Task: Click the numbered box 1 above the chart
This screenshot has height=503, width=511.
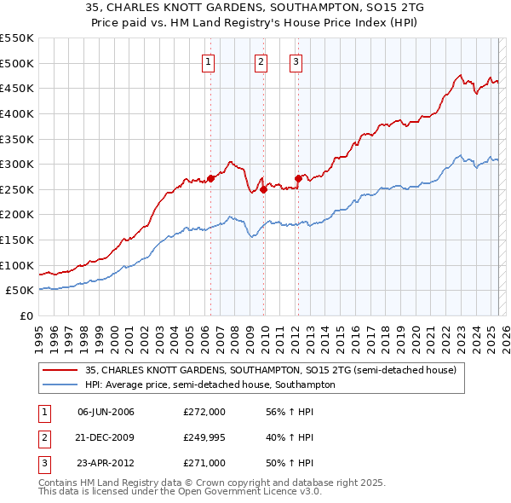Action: click(209, 61)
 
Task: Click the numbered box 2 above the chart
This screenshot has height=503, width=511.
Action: click(261, 61)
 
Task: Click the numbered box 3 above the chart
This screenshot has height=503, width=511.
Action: click(296, 61)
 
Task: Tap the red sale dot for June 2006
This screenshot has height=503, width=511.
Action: click(210, 178)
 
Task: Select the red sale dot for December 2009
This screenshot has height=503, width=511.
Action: click(264, 189)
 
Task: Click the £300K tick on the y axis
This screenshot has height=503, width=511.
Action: click(16, 164)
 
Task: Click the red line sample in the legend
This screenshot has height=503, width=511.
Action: click(60, 370)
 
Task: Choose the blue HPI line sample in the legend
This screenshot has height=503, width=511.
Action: click(60, 384)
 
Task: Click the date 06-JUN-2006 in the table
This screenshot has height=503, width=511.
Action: click(106, 412)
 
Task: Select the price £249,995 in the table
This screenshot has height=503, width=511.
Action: click(204, 437)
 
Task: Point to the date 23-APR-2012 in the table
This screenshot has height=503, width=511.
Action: click(106, 463)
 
